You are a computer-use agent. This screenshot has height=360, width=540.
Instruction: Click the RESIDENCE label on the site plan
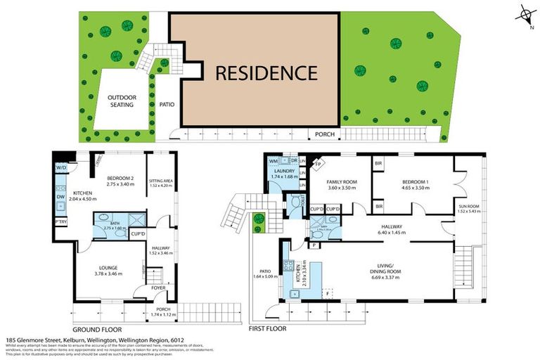pyautogui.click(x=266, y=72)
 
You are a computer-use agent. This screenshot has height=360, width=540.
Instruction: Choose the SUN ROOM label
pyautogui.click(x=468, y=207)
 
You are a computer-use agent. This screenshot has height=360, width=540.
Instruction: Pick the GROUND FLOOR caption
pyautogui.click(x=98, y=328)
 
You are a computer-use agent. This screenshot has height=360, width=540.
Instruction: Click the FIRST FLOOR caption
pyautogui.click(x=269, y=328)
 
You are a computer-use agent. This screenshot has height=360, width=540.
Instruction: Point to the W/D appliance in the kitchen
pyautogui.click(x=60, y=167)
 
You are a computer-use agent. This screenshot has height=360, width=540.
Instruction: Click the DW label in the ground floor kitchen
pyautogui.click(x=61, y=197)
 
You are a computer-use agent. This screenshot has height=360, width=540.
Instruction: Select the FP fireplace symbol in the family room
pyautogui.click(x=318, y=165)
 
